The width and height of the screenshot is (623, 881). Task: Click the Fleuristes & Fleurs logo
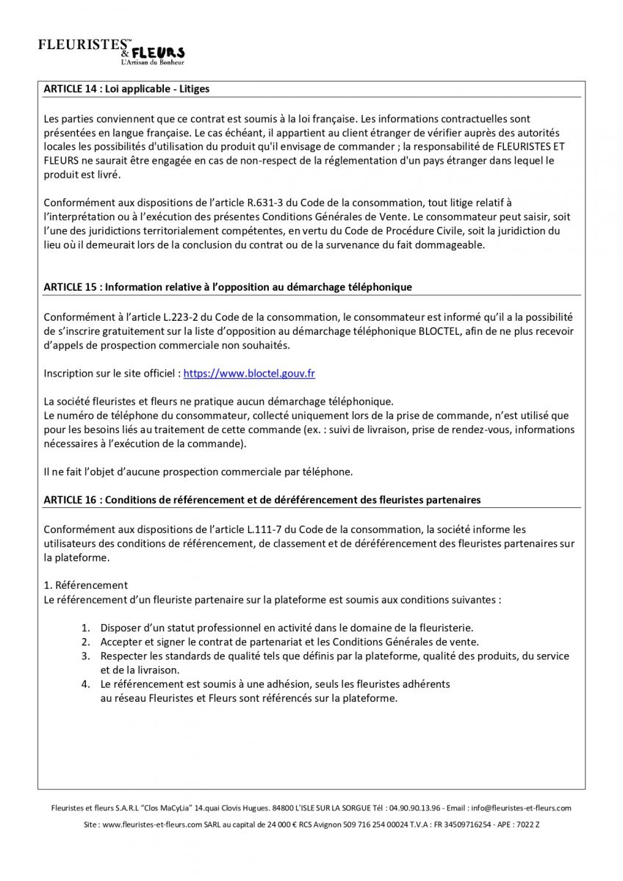click(x=111, y=51)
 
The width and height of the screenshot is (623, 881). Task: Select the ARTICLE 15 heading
click(x=228, y=286)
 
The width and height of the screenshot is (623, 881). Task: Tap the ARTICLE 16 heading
click(x=262, y=499)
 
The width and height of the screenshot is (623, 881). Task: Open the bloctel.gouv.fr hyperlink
click(x=249, y=373)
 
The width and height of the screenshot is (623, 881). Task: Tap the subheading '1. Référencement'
click(x=86, y=585)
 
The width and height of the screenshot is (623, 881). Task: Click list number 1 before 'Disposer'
click(x=85, y=628)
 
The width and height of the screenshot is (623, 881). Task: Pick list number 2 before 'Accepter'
click(x=85, y=642)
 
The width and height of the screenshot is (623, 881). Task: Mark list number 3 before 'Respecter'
click(x=85, y=656)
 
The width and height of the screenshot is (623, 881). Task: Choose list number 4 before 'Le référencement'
click(x=85, y=684)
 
